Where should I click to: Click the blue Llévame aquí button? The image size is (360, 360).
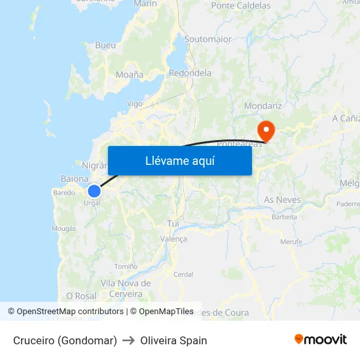point(179,160)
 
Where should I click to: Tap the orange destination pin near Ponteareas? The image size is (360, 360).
point(266,128)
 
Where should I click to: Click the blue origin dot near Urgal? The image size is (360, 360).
point(94,190)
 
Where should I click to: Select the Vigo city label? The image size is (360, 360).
point(134,103)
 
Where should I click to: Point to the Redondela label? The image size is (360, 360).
point(190,73)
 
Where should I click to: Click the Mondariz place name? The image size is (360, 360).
point(262,105)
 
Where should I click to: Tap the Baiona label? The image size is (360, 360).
point(74,178)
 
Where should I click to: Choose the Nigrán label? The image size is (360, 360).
point(94,165)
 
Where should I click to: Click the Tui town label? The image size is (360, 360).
point(173,223)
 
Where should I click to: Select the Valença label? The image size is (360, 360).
point(173,239)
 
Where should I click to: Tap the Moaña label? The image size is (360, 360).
point(129,75)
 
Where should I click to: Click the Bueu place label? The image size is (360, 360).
point(105,45)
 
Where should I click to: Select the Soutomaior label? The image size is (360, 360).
point(207,39)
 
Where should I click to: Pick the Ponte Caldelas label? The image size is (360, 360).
point(240,6)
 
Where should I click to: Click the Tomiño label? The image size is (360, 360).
point(126,266)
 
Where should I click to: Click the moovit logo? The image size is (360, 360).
point(320,339)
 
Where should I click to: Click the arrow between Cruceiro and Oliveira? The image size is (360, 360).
point(128,340)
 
